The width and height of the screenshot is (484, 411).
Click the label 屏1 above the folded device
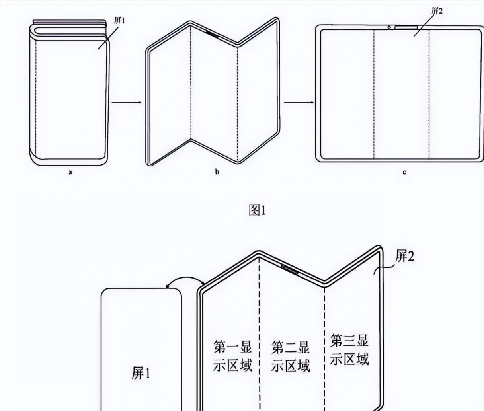tap(119, 21)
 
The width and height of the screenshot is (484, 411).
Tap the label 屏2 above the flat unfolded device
tap(437, 11)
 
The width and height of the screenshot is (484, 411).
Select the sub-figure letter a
tap(70, 173)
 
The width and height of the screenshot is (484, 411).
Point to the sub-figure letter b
tap(217, 172)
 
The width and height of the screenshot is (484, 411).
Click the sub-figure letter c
tap(404, 173)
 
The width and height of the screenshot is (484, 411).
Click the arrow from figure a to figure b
tap(126, 103)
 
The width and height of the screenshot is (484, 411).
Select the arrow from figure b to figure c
tap(298, 102)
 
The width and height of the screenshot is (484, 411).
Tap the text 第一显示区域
tap(232, 355)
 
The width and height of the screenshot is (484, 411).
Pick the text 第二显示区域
tap(291, 356)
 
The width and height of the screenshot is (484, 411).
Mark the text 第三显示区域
tap(349, 350)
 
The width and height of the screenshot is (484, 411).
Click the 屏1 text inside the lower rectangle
tap(141, 373)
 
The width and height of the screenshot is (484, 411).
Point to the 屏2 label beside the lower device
tap(404, 257)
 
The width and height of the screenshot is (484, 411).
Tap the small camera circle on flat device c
tap(388, 27)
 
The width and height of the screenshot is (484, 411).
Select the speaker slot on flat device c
tap(406, 27)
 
